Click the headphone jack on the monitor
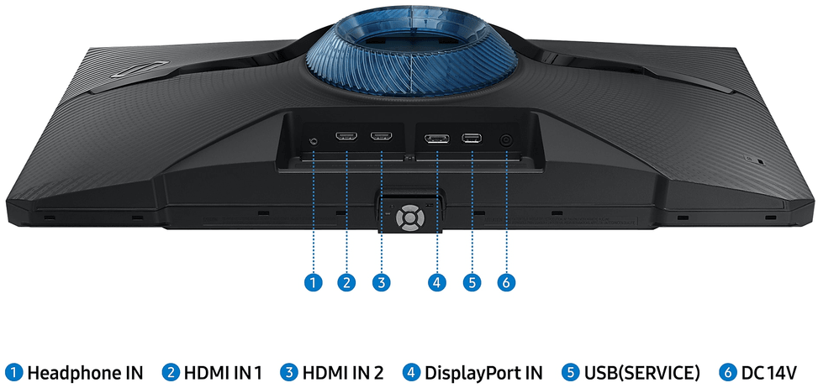coord(314,140)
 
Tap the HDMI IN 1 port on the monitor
coord(346,137)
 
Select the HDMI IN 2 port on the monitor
coord(382,137)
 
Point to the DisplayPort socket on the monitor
coord(436,139)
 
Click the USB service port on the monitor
coord(472,139)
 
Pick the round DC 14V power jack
coord(506,140)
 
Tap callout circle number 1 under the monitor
coord(313,282)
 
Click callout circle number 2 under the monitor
coord(346,282)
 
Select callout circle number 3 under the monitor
coord(382,282)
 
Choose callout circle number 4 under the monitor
coord(436,282)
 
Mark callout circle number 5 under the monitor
coord(472,282)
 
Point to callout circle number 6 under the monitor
coord(506,282)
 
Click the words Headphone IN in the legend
coord(85,373)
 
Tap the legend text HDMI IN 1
coord(222,373)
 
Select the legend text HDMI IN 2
coord(343,373)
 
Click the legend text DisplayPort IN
coord(483,373)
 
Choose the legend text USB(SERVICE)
coord(641,373)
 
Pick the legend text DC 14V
coord(769,373)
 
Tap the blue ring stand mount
coord(411,52)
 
